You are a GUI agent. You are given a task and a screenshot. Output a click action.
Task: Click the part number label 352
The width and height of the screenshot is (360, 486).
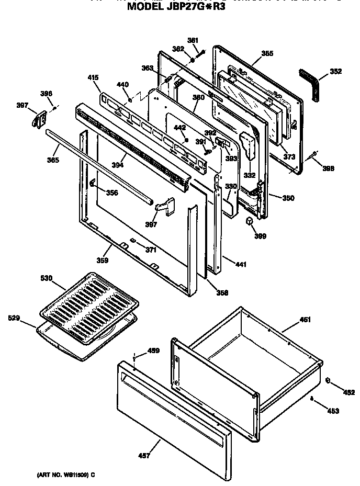click(335, 72)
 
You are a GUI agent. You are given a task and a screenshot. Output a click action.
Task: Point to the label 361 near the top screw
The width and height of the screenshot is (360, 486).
click(193, 40)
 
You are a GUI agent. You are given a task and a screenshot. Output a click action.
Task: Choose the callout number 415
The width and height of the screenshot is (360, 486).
click(94, 78)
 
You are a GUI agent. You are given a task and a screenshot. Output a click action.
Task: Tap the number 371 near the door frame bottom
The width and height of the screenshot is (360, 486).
click(151, 250)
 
